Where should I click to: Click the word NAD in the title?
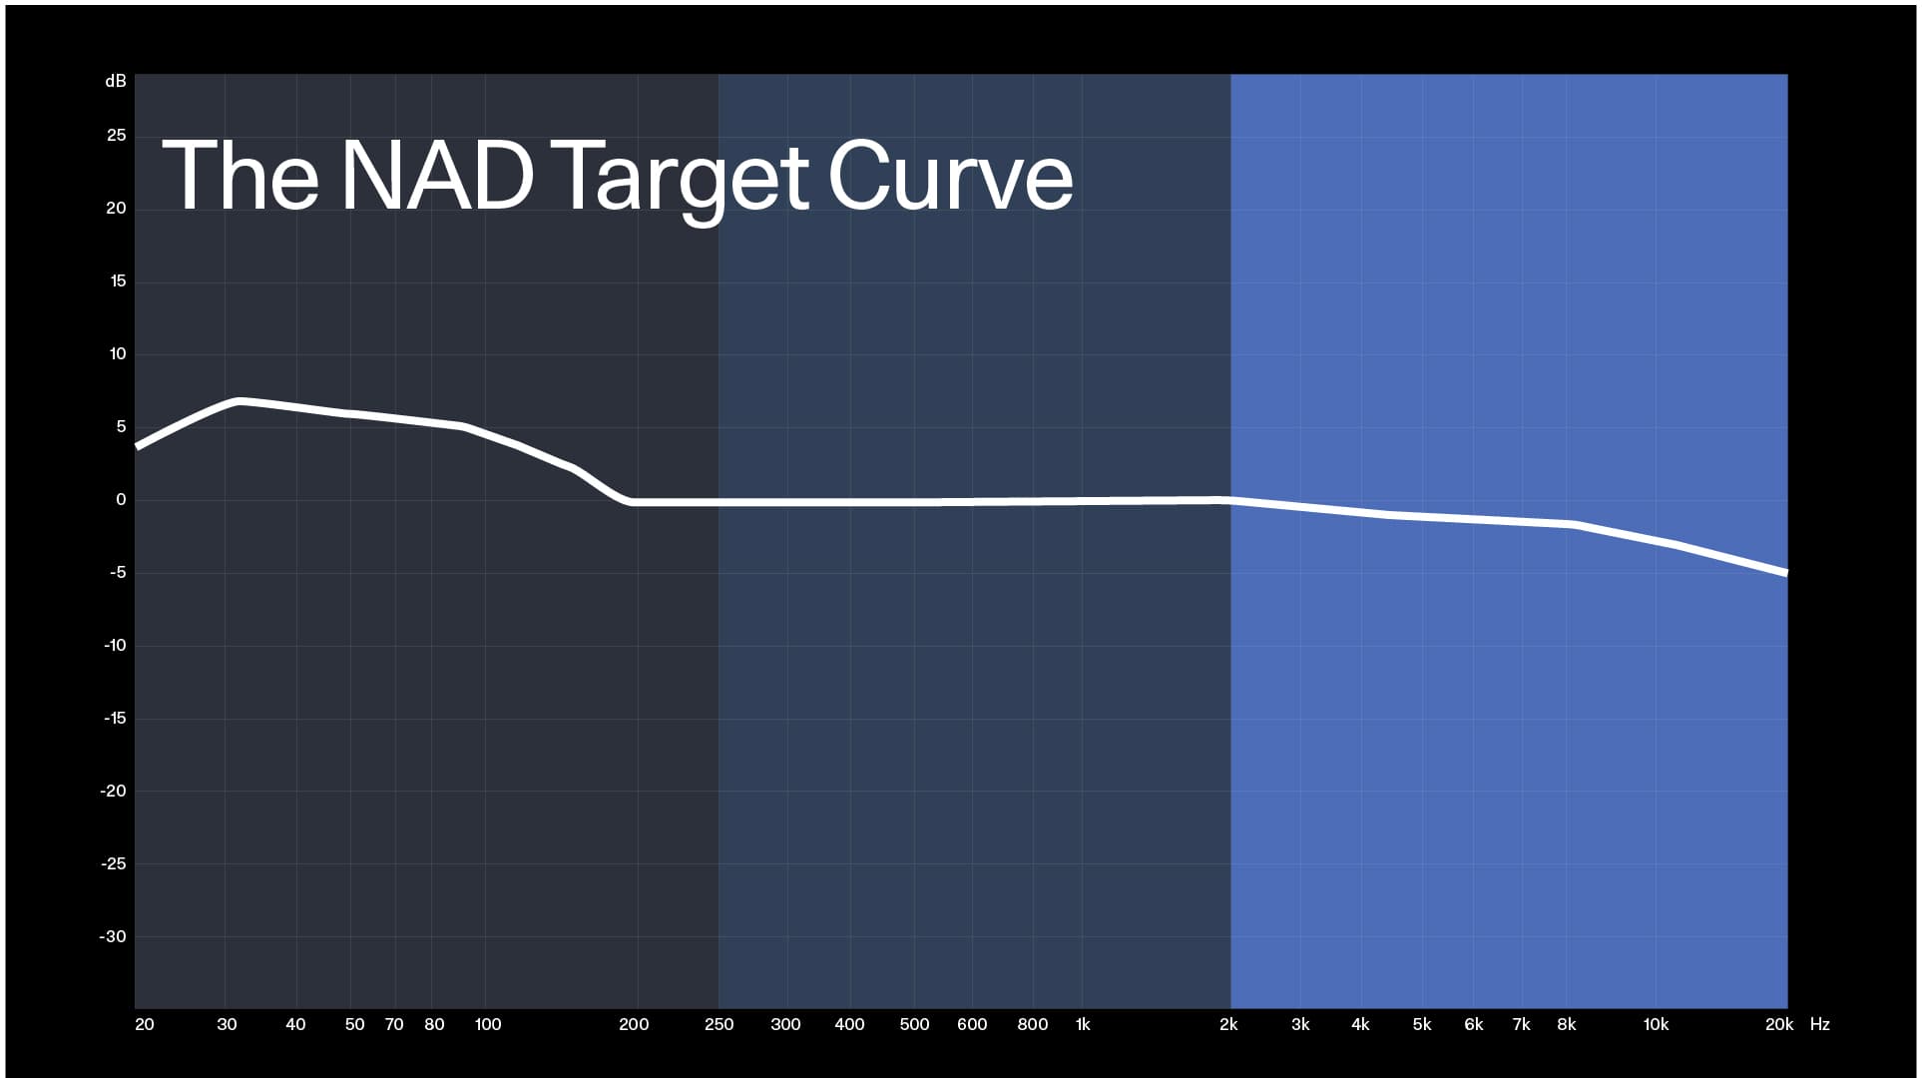point(437,176)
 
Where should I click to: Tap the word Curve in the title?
point(949,176)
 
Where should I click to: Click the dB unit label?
point(116,82)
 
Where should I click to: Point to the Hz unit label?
point(1819,1024)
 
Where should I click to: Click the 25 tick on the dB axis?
point(117,136)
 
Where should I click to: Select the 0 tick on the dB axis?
point(121,500)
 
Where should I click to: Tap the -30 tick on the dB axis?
point(113,937)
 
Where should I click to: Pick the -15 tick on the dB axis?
point(115,719)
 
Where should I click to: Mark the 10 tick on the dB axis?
point(118,354)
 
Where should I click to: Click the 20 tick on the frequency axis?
point(145,1024)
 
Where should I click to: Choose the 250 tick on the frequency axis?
point(719,1024)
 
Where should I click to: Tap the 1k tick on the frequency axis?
point(1083,1024)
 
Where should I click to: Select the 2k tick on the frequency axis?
point(1228,1024)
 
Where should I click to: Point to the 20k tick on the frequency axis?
point(1778,1024)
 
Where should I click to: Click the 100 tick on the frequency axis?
point(488,1024)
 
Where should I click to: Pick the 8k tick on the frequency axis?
point(1567,1024)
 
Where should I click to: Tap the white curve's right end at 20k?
point(1784,572)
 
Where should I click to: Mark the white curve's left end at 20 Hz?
point(138,446)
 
